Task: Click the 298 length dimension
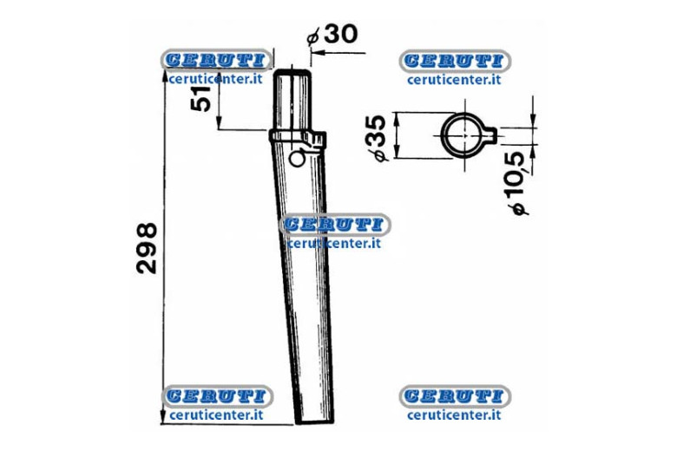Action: pos(147,248)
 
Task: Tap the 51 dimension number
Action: pos(200,99)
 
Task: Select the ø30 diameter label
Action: pos(332,35)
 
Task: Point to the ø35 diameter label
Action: pos(375,138)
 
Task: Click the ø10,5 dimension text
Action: pos(518,183)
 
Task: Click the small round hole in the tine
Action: pos(297,159)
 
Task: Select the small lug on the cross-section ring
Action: pos(491,135)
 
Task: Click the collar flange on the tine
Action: pos(297,137)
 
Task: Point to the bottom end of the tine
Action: pos(314,422)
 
